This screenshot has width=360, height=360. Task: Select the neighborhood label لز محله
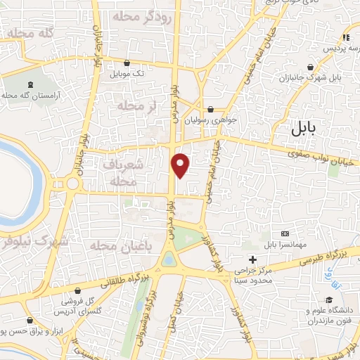coord(137,105)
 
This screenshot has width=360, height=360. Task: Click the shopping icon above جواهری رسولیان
coord(212,109)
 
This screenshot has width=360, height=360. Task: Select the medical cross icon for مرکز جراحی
coord(252,259)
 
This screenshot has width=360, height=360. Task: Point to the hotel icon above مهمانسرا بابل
coord(284,233)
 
